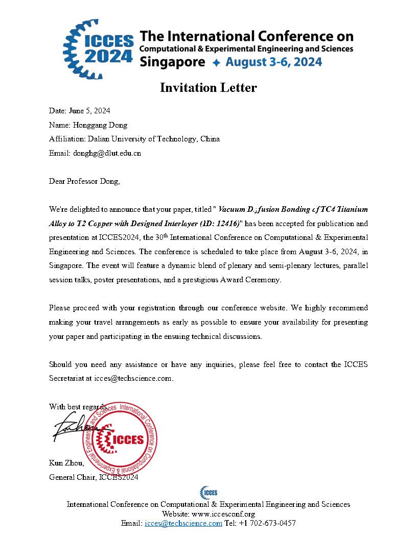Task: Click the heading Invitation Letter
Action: [x=208, y=88]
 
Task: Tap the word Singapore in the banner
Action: [x=172, y=62]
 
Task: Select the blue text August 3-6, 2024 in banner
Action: [x=274, y=62]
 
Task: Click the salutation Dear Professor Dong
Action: [x=84, y=181]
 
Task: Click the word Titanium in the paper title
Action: [x=350, y=209]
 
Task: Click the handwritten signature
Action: [x=72, y=426]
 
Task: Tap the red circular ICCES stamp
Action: [x=121, y=438]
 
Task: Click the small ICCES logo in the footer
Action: [x=208, y=492]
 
